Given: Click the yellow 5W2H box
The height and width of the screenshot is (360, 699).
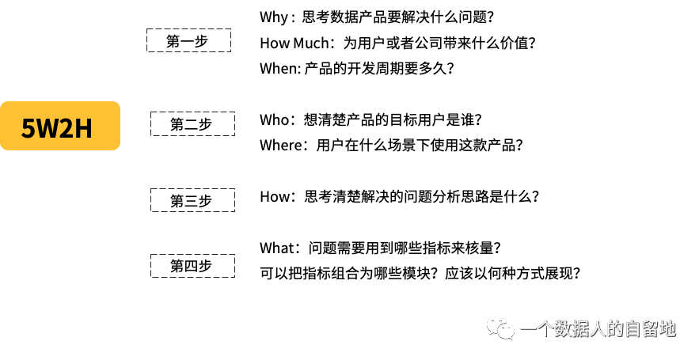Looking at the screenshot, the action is click(x=60, y=126).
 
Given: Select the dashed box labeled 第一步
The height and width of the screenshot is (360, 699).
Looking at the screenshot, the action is click(x=188, y=40).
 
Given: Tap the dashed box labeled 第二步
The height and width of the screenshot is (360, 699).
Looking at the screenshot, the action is click(x=192, y=124).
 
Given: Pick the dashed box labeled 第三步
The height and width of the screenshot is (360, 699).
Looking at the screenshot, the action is click(x=192, y=200).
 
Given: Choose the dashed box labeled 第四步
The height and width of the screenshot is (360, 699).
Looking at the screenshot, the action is click(x=192, y=266).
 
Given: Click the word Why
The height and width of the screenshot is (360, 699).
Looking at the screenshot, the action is click(x=274, y=18).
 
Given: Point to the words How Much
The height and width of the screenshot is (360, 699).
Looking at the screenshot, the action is click(x=294, y=44).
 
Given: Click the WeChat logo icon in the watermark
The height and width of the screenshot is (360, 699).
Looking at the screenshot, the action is click(x=500, y=328).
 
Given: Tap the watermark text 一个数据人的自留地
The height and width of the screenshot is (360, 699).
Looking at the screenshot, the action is click(x=598, y=329).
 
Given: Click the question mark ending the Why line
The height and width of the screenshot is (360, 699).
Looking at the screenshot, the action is click(x=490, y=18).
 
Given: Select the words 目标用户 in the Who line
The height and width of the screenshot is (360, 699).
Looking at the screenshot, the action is click(x=418, y=119).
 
